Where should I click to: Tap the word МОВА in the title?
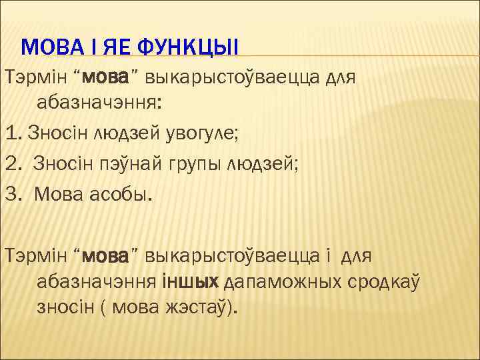pos(50,47)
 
